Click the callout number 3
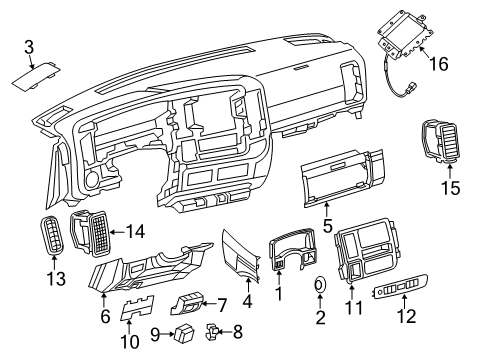point(29,46)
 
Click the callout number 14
point(136,232)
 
